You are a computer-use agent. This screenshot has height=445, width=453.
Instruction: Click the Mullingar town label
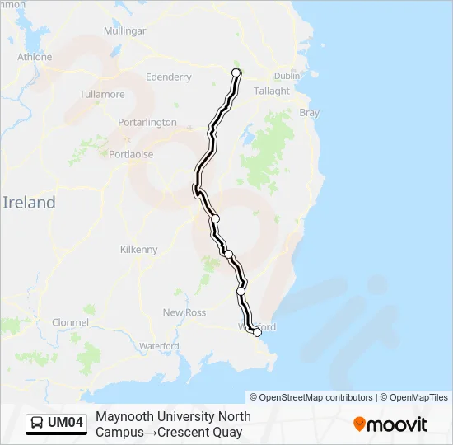pos(124,31)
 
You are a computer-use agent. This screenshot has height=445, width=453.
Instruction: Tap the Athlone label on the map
pos(35,57)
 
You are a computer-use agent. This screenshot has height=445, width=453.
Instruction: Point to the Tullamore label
pos(101,95)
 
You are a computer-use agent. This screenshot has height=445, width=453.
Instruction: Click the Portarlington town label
pos(147,122)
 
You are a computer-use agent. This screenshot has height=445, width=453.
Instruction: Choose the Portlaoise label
pos(131,154)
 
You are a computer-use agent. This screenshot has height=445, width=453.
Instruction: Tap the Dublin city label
pos(287,76)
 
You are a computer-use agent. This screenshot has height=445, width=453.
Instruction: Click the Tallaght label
pos(272,91)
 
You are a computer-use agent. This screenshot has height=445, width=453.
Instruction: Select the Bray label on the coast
pos(309,113)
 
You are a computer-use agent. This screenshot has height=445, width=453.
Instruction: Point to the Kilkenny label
pos(138,250)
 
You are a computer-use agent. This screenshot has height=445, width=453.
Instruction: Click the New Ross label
pos(184,312)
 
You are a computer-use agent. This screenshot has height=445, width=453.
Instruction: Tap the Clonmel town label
pos(69,322)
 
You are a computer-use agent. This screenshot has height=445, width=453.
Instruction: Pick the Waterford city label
pos(159,347)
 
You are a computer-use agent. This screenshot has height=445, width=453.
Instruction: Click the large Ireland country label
pos(29,203)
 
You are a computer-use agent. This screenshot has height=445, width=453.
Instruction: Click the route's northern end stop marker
pos(236,73)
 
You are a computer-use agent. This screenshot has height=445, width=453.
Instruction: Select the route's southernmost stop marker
pos(257,333)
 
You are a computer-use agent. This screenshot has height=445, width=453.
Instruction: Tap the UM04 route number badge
pos(66,423)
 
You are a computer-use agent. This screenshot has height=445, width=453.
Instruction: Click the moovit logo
pos(390,424)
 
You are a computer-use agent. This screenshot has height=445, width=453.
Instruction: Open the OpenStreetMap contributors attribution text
pos(311,397)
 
